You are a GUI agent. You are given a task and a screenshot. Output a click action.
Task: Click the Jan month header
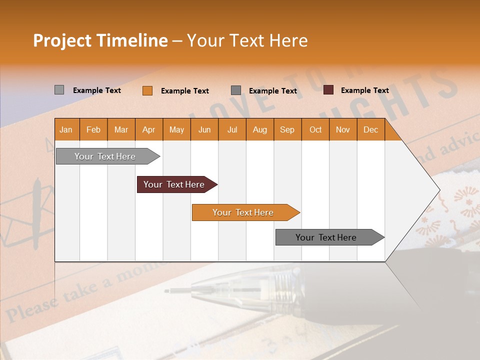tap(66, 130)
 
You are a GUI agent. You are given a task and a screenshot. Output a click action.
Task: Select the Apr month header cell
tap(149, 130)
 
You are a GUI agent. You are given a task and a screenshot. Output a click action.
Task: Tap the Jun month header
tap(204, 130)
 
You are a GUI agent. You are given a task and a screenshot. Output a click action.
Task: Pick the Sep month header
tap(287, 130)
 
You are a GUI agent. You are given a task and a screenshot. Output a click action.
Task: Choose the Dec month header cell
tap(370, 130)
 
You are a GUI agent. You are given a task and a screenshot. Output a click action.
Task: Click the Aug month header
tap(259, 130)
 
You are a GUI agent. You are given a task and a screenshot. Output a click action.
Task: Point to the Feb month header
tap(93, 130)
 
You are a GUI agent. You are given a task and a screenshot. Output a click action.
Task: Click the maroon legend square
tap(328, 90)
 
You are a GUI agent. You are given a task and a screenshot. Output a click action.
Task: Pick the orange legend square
tap(147, 90)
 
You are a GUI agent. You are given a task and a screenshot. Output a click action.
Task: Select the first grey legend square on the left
tap(59, 90)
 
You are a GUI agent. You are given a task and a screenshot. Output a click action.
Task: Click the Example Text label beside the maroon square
tap(364, 90)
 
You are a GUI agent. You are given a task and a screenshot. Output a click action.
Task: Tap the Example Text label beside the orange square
tap(184, 91)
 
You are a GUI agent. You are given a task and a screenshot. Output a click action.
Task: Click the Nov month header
tap(342, 130)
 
